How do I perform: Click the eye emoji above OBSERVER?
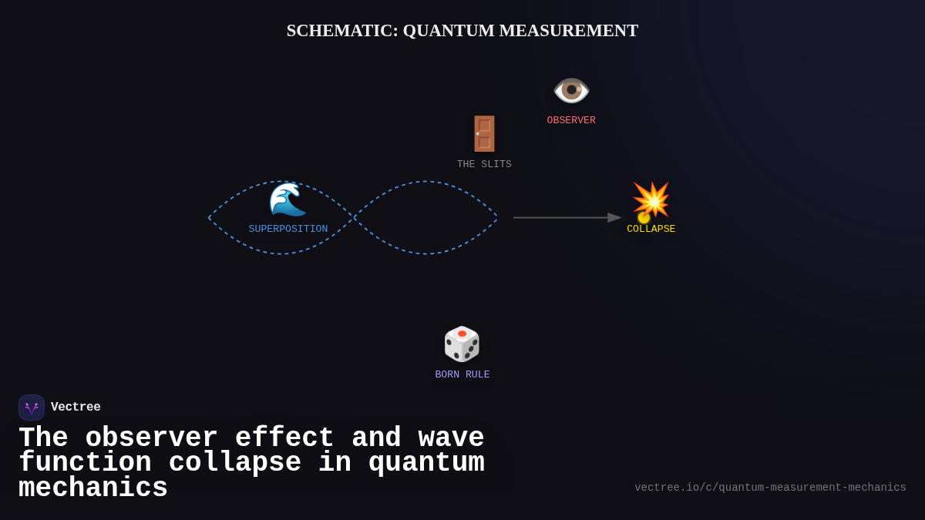coord(571,90)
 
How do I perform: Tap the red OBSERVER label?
coord(571,120)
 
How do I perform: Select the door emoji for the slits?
coord(484,133)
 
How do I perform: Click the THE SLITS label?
coord(484,164)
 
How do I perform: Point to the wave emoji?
coord(288,200)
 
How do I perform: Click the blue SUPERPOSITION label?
coord(288,229)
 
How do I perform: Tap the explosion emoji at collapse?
coord(651,200)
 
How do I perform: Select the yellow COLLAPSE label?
coord(651,229)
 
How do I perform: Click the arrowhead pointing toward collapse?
coord(614,217)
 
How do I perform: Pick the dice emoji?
coord(462,344)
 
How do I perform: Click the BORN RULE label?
coord(462,374)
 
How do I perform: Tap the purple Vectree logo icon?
coord(32,408)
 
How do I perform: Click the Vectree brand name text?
coord(76,408)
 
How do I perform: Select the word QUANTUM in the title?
coord(449,31)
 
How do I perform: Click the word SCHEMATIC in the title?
coord(341,31)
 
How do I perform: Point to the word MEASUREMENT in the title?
coord(569,31)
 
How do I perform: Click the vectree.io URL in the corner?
coord(770,488)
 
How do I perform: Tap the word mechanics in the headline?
coord(93,488)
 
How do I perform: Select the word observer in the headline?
coord(151,438)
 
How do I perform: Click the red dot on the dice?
coord(462,334)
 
